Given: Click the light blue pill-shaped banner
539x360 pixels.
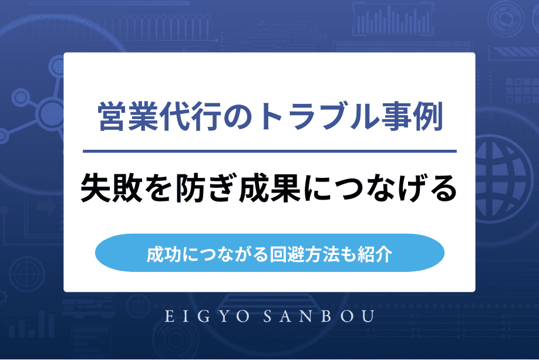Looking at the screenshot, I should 269,253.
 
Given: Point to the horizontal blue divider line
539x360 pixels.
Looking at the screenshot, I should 269,152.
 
